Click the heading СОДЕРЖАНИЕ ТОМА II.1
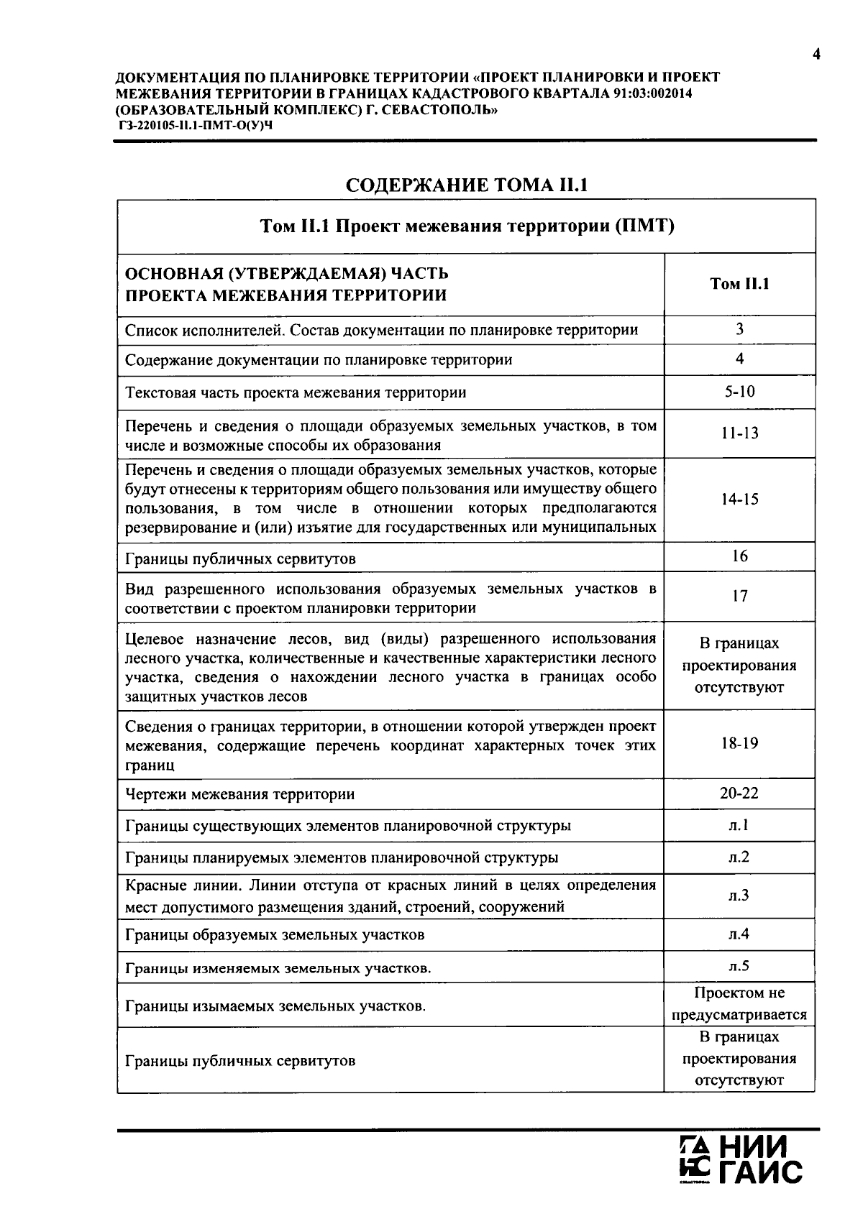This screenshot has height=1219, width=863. click(467, 185)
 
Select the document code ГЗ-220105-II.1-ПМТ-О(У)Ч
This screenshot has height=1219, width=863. click(196, 125)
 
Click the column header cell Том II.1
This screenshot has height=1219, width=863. click(739, 284)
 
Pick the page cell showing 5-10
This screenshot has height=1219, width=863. click(739, 392)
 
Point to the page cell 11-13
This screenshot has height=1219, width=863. click(739, 433)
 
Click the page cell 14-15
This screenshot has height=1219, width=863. click(739, 500)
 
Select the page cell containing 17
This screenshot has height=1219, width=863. click(739, 596)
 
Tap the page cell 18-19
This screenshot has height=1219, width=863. click(739, 743)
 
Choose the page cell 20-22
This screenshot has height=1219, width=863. click(739, 793)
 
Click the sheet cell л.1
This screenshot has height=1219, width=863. click(739, 825)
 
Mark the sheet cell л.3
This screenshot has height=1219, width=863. click(739, 896)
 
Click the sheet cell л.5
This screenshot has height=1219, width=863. click(739, 966)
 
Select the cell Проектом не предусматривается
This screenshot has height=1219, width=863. click(739, 1004)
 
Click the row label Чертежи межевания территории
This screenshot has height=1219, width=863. click(240, 794)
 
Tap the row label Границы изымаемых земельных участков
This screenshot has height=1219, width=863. click(275, 1006)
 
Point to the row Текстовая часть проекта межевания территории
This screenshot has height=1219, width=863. click(296, 392)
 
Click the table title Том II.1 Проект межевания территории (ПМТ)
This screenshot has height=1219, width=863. click(467, 226)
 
